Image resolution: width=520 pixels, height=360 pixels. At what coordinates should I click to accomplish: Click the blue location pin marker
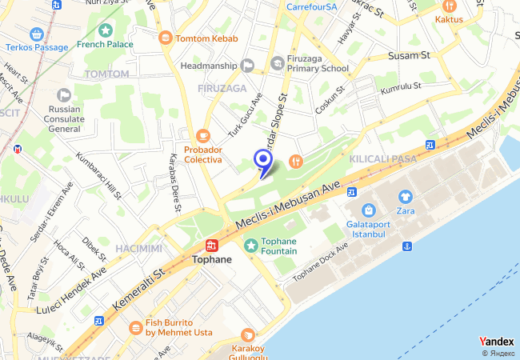pyautogui.click(x=262, y=160)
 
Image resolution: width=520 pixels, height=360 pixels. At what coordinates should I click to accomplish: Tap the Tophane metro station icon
pyautogui.click(x=212, y=246)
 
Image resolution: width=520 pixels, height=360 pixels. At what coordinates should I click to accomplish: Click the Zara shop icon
pyautogui.click(x=405, y=196)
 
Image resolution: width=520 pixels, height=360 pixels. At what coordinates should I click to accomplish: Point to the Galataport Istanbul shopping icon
pyautogui.click(x=369, y=210)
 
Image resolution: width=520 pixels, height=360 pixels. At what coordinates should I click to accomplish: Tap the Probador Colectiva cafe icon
pyautogui.click(x=203, y=136)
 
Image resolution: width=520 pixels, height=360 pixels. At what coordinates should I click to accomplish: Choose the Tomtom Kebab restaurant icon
pyautogui.click(x=166, y=37)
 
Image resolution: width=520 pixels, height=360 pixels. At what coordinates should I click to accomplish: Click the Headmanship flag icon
pyautogui.click(x=248, y=66)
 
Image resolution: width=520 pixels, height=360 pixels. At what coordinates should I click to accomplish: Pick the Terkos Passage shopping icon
pyautogui.click(x=36, y=34)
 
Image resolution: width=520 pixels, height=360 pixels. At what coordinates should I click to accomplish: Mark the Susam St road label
pyautogui.click(x=409, y=56)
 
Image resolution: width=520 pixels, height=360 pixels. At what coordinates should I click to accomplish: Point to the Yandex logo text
pyautogui.click(x=496, y=342)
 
